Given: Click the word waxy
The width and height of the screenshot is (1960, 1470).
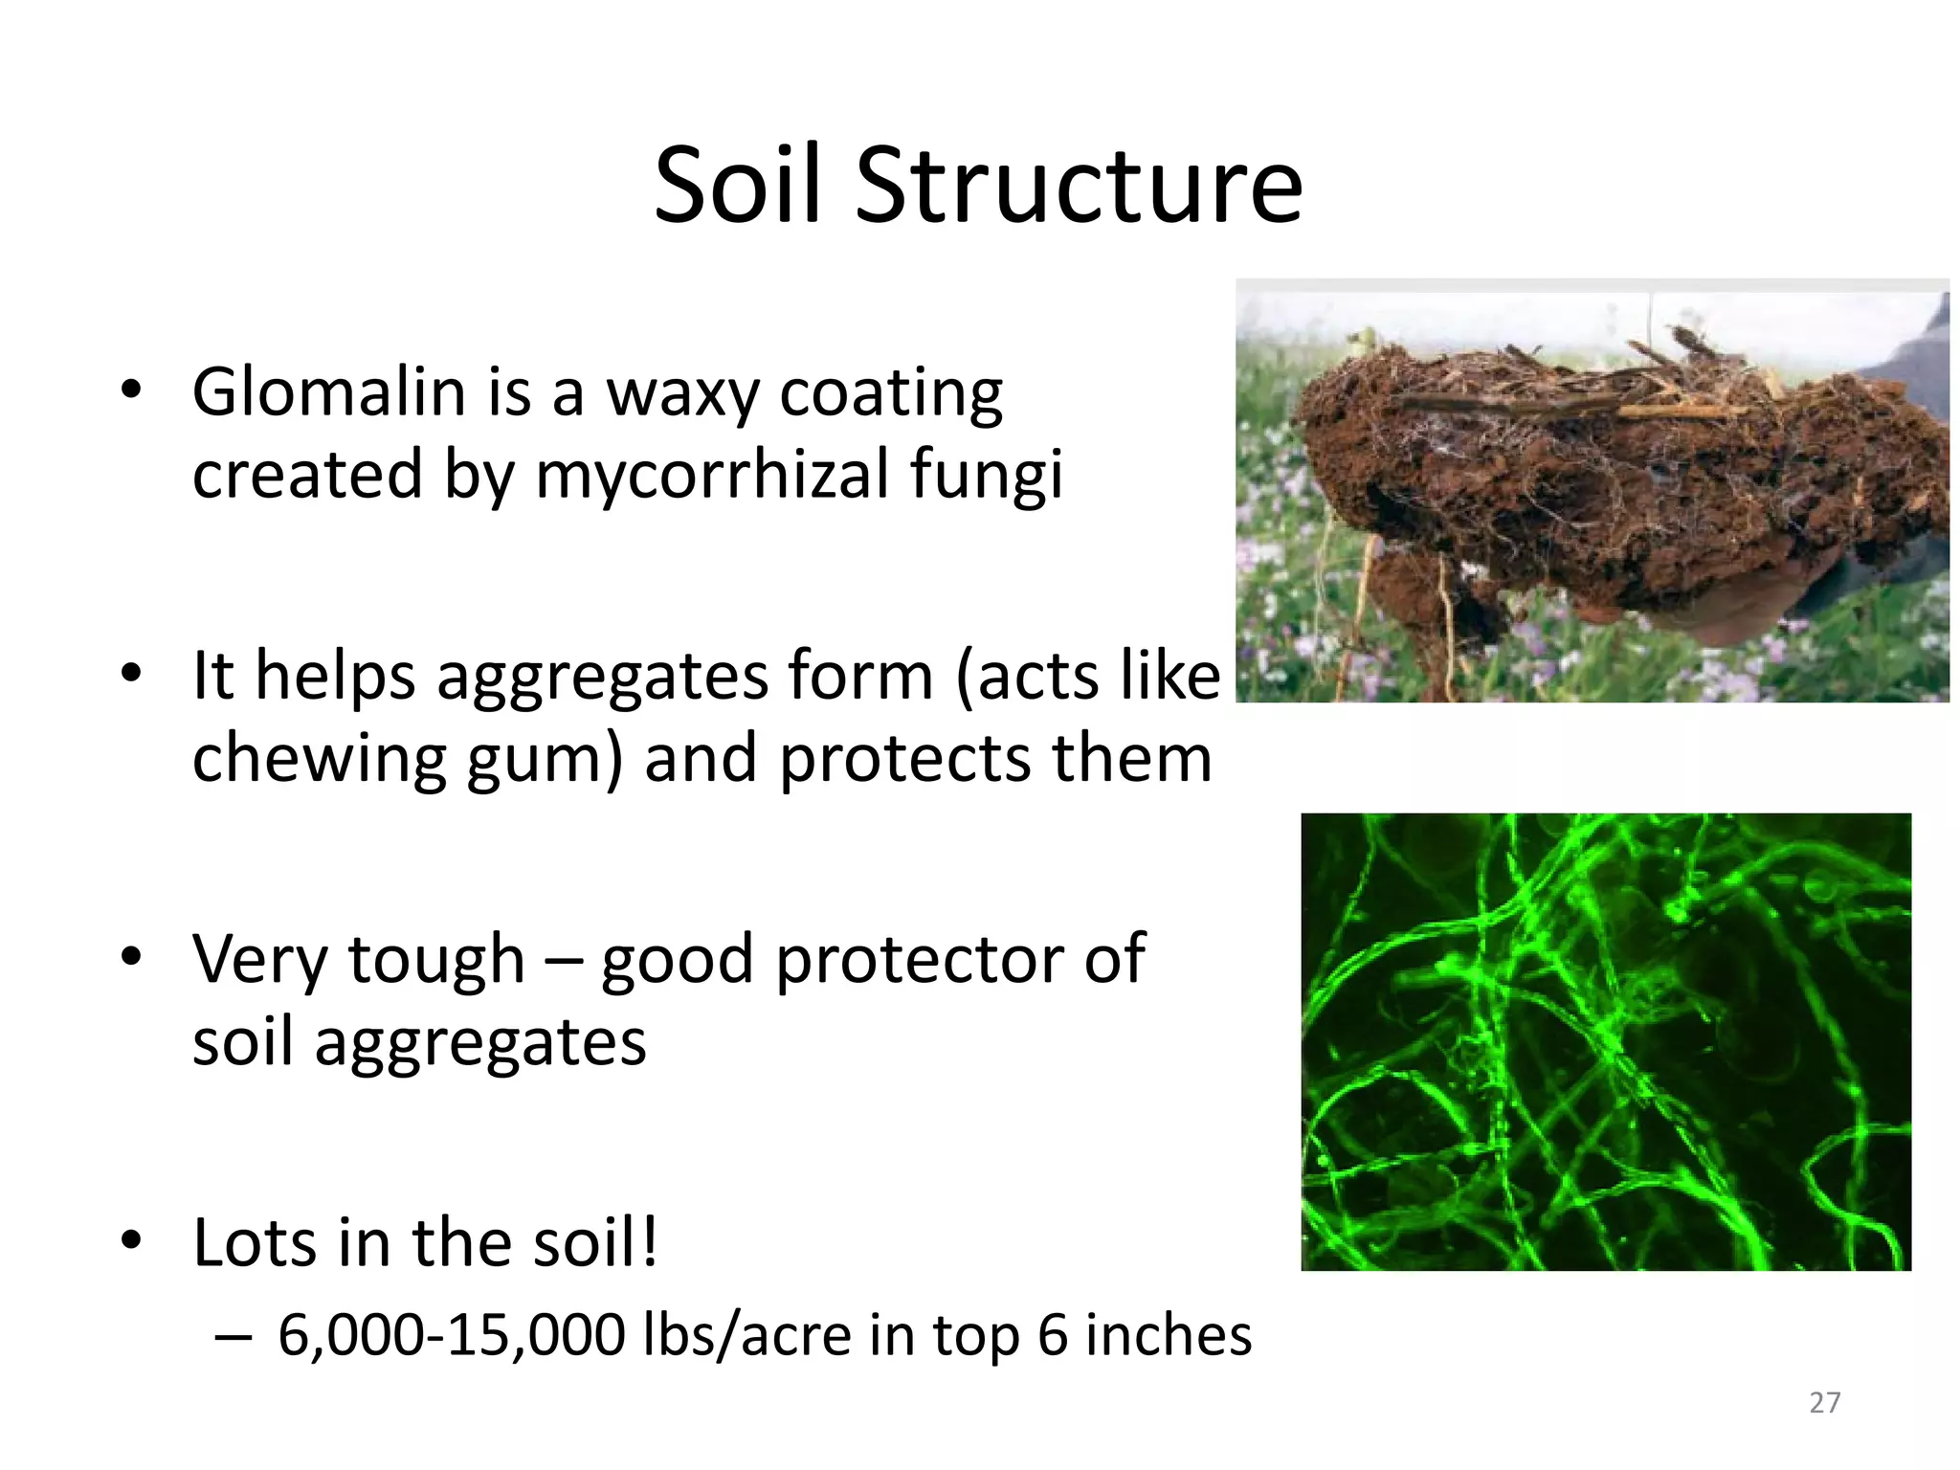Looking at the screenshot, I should (682, 394).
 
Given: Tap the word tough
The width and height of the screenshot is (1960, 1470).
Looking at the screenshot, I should (437, 959).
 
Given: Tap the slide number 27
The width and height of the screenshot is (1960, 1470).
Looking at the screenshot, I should (1824, 1402).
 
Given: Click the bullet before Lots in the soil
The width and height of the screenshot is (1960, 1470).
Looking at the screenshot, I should (131, 1241).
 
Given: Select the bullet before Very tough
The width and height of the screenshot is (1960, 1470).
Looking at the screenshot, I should (131, 957).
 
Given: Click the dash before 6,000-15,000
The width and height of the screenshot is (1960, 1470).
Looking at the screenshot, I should (233, 1336).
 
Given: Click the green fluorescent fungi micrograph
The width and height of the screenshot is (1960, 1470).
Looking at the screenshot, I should (1605, 1041).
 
